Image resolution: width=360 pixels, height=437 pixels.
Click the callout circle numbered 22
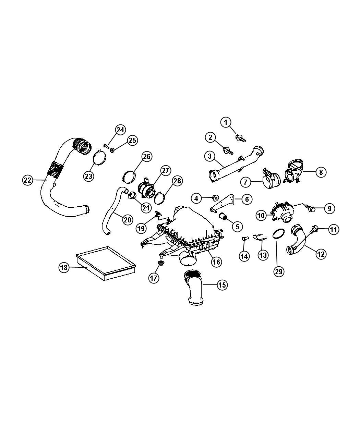tap(27, 180)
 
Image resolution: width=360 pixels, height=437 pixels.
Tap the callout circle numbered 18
tap(64, 267)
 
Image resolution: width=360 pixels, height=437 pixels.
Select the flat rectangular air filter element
tap(106, 263)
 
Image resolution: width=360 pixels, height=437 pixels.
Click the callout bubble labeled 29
tap(279, 272)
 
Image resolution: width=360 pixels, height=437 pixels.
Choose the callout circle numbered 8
tap(321, 172)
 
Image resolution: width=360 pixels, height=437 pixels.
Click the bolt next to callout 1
tap(240, 138)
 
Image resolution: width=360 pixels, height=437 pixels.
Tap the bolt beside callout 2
tap(228, 150)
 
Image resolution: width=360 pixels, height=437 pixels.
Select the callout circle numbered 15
tap(222, 285)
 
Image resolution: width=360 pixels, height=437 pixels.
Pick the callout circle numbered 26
tap(147, 156)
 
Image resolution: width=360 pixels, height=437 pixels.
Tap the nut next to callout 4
tap(216, 197)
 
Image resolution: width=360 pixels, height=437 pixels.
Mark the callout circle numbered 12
tap(321, 254)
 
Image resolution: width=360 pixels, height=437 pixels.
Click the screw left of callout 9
tap(310, 208)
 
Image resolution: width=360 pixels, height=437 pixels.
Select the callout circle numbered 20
tap(127, 220)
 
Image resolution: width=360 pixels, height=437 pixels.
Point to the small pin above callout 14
tap(244, 238)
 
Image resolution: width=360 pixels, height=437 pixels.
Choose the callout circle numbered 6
tap(247, 199)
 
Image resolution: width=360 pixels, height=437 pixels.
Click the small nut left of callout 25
tap(112, 150)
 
